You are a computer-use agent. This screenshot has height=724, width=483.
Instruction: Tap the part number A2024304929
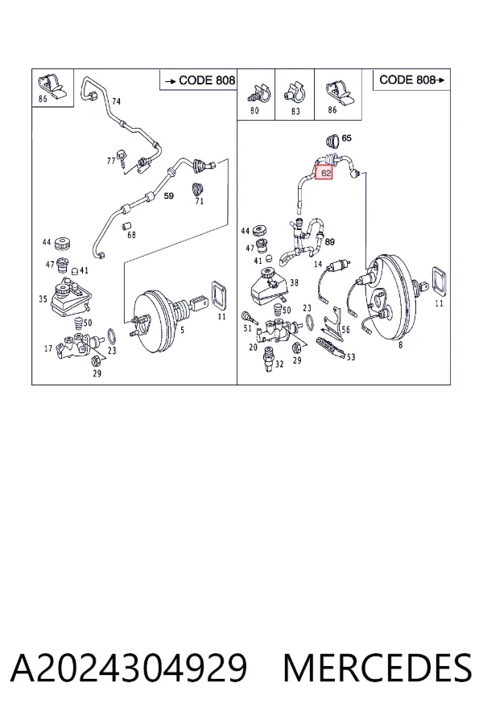[129, 668]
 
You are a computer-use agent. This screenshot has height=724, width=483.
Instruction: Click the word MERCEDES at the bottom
[378, 668]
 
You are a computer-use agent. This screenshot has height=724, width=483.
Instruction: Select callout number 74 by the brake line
[116, 101]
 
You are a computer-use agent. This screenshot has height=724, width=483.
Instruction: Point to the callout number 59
[169, 195]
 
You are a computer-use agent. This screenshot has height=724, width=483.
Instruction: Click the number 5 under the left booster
[183, 330]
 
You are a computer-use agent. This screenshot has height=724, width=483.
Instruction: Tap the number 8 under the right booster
[400, 344]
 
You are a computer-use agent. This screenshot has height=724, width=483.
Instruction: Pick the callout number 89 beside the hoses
[329, 241]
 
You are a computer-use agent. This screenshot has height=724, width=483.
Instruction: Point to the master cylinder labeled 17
[77, 346]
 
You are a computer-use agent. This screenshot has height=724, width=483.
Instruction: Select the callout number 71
[199, 201]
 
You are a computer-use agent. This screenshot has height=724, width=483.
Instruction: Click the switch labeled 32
[268, 358]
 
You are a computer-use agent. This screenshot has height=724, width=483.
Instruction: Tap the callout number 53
[351, 357]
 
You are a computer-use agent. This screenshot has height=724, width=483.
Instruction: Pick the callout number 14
[318, 264]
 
